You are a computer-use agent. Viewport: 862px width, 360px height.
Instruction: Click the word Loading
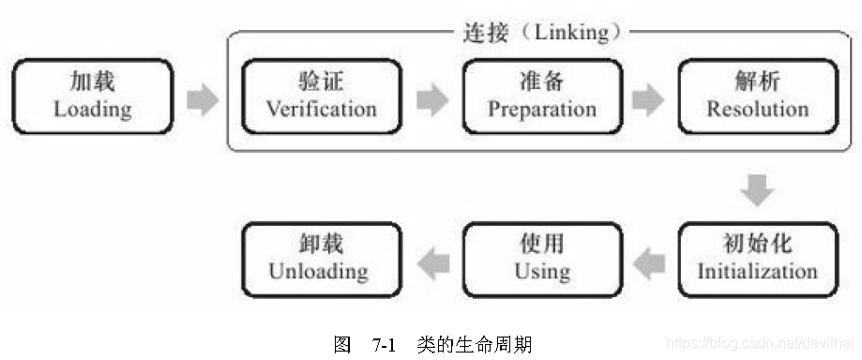pyautogui.click(x=92, y=109)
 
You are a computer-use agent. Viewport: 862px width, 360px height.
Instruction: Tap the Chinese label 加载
pyautogui.click(x=92, y=81)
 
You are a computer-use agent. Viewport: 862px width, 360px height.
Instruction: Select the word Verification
pyautogui.click(x=321, y=109)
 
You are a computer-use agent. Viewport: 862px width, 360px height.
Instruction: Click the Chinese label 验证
pyautogui.click(x=321, y=81)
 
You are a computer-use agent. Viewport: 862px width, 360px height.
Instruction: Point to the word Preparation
pyautogui.click(x=542, y=109)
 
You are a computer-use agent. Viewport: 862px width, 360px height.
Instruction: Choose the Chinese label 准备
pyautogui.click(x=542, y=81)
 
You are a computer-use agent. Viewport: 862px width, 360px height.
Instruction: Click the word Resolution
pyautogui.click(x=757, y=109)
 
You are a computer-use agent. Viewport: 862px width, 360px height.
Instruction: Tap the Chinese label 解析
pyautogui.click(x=757, y=81)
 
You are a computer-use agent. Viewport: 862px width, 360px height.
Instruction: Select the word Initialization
pyautogui.click(x=757, y=271)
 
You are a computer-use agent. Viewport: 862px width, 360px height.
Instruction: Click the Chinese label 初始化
pyautogui.click(x=757, y=244)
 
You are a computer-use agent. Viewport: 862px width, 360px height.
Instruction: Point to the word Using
pyautogui.click(x=542, y=271)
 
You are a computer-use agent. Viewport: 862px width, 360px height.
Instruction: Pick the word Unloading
pyautogui.click(x=318, y=271)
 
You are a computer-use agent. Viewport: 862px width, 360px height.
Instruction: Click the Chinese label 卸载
pyautogui.click(x=318, y=244)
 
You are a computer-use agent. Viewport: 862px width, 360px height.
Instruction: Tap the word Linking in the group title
pyautogui.click(x=570, y=33)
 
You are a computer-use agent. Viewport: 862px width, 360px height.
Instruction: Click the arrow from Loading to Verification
pyautogui.click(x=202, y=98)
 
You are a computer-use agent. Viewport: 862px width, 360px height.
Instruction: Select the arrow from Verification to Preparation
pyautogui.click(x=432, y=98)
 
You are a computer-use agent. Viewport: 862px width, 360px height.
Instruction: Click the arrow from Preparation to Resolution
pyautogui.click(x=648, y=98)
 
